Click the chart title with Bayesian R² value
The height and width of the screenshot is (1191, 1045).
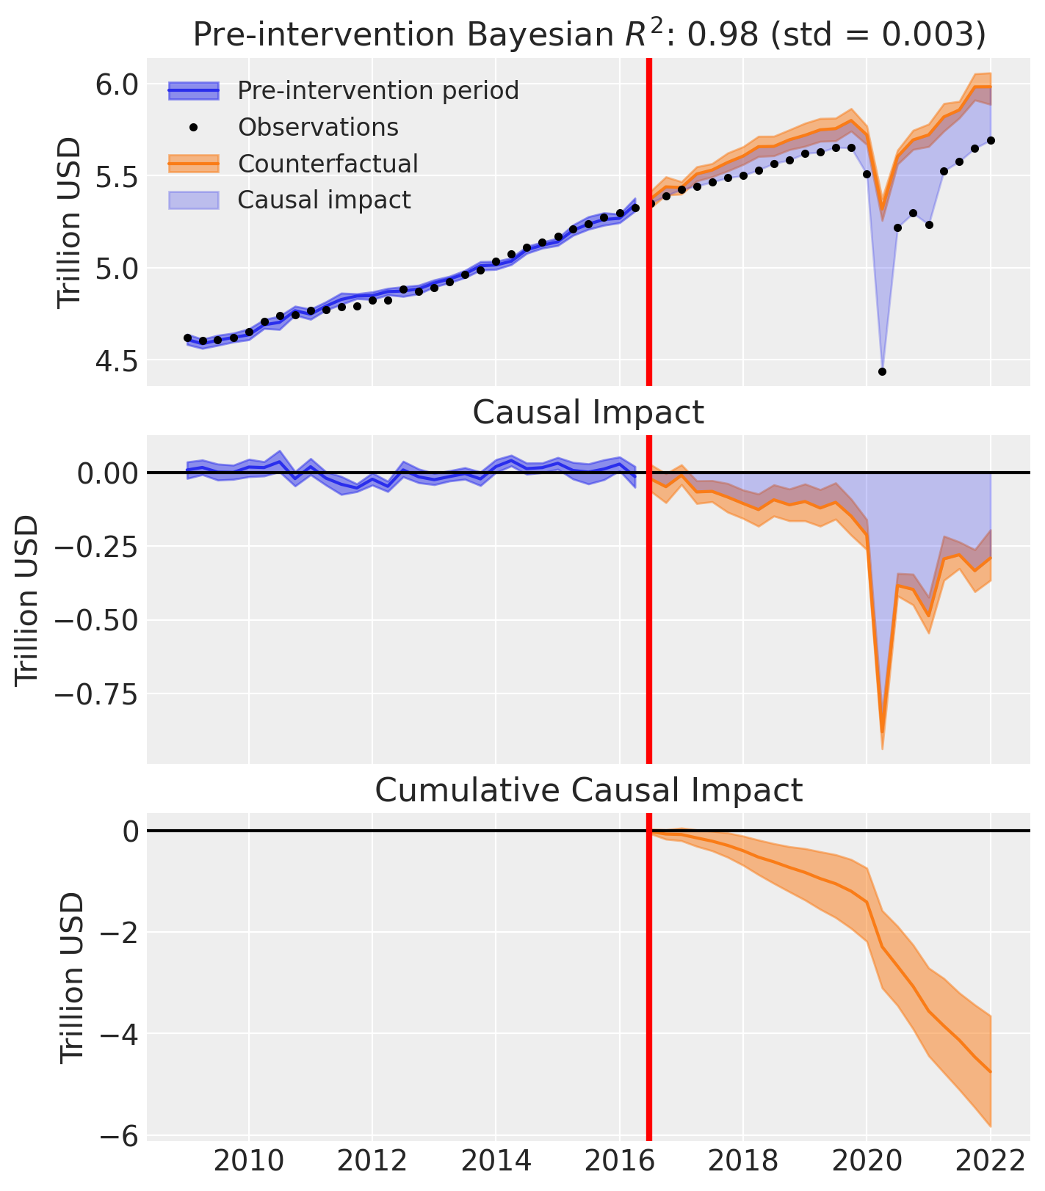pos(588,34)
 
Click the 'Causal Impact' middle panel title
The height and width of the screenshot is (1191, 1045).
pos(588,412)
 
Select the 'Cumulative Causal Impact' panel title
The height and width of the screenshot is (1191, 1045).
pos(588,790)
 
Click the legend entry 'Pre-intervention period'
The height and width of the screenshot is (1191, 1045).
pos(378,91)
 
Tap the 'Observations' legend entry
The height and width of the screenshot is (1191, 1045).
pos(318,127)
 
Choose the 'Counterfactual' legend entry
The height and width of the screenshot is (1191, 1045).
pos(328,164)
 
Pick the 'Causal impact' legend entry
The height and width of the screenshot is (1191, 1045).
pos(324,200)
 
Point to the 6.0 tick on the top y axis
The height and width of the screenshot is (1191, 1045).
pos(117,84)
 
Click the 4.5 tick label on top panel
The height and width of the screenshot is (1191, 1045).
pos(117,360)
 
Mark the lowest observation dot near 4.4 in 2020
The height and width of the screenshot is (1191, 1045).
pos(882,372)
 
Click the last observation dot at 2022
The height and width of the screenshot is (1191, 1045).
pos(991,140)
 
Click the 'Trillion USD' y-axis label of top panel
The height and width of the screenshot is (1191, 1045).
pos(71,222)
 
